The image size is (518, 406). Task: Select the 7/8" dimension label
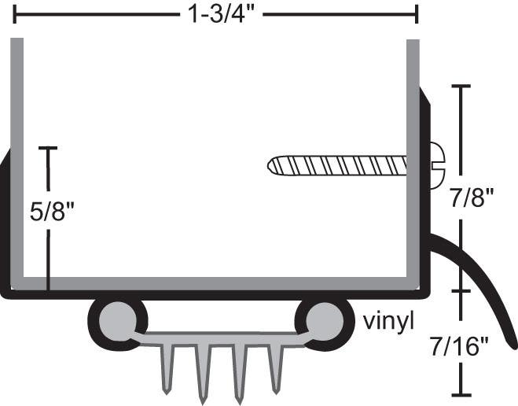point(472,197)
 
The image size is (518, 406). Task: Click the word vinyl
point(388,320)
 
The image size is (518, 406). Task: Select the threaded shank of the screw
point(338,165)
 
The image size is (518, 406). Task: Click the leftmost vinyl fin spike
point(167,370)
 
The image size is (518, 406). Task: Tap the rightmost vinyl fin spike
point(276,370)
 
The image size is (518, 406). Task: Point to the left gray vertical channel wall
point(17,157)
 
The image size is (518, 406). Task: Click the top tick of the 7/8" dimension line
point(460,86)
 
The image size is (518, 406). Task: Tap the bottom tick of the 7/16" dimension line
point(460,394)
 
